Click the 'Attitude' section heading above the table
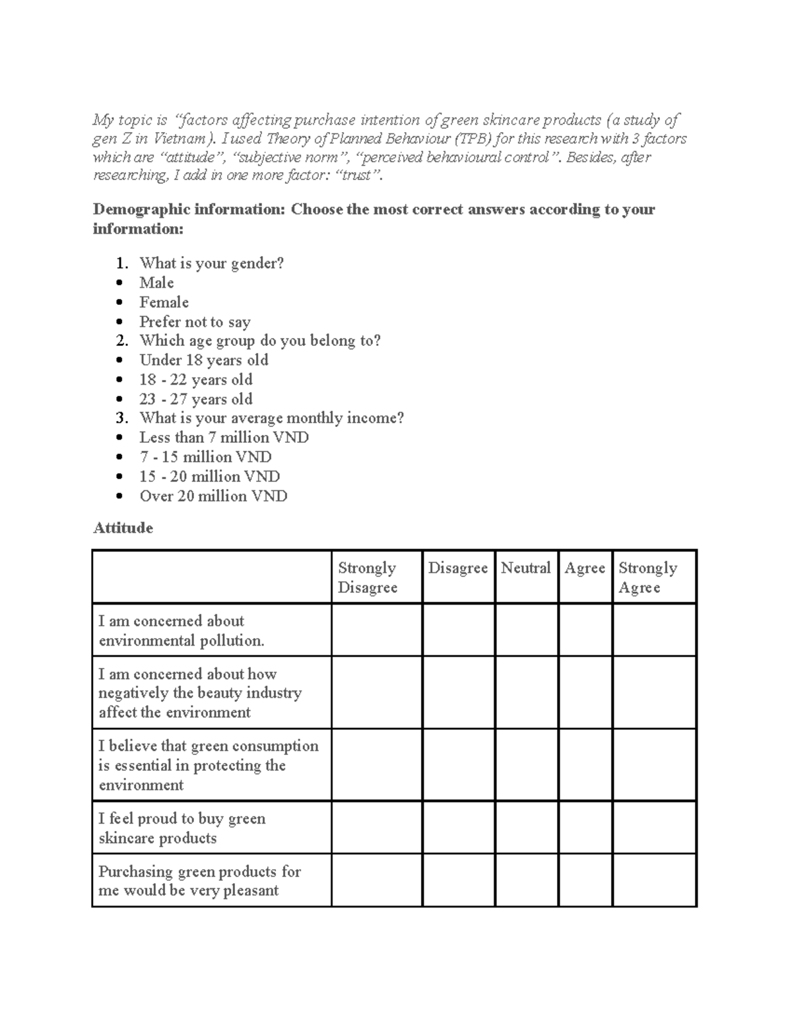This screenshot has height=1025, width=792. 123,528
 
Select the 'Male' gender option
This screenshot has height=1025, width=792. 156,282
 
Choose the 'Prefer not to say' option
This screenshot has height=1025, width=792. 195,322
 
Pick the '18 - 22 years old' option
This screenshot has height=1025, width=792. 195,380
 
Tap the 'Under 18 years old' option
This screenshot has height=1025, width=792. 203,360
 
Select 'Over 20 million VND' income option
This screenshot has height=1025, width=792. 213,496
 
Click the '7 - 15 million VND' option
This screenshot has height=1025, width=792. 205,457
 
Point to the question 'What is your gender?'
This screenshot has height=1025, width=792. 211,263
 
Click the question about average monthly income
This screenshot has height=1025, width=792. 271,418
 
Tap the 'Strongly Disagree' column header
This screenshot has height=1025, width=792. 368,578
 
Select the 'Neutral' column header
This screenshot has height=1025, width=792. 525,568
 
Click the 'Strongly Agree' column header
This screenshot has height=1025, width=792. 647,578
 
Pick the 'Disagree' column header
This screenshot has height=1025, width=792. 457,568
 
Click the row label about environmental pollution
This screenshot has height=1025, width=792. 181,630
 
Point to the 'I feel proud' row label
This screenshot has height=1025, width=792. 181,828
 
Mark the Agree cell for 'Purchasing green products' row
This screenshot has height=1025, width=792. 585,880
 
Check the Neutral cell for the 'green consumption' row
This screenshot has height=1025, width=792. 526,765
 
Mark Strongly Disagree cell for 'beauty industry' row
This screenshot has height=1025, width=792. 376,692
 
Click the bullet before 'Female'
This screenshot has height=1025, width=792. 119,303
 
